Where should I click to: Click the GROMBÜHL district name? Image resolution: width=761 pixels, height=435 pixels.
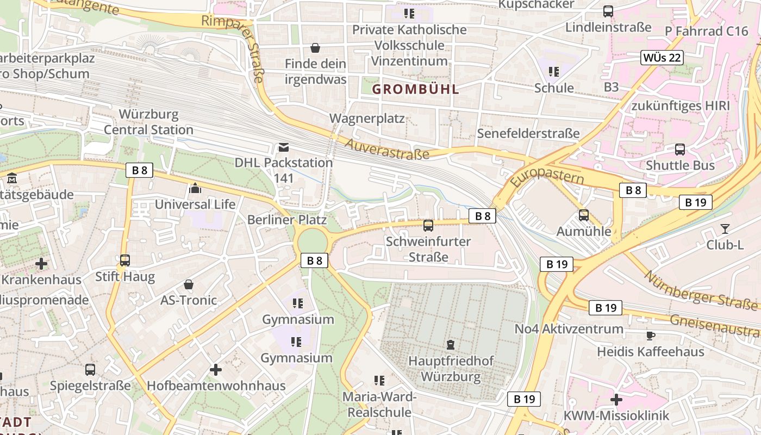416,90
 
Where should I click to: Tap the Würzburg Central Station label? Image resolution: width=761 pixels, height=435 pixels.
148,122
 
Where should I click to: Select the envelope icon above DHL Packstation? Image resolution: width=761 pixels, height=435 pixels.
283,147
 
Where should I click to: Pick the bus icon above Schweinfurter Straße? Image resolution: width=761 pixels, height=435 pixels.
428,226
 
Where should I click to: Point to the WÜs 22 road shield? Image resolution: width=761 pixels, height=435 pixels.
662,58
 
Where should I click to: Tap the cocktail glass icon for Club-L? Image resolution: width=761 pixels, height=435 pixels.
725,229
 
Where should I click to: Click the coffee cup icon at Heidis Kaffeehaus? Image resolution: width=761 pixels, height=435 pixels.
650,335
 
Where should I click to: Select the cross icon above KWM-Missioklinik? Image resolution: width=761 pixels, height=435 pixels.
616,400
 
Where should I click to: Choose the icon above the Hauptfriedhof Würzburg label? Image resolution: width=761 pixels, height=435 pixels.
451,345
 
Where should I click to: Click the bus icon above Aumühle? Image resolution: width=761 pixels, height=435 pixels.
583,215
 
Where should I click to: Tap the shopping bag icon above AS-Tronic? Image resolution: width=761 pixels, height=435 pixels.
188,284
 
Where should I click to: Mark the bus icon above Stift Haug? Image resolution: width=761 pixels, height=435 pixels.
125,260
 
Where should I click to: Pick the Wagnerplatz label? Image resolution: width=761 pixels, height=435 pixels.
367,118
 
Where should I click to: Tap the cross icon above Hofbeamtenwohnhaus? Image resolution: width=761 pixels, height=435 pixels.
216,370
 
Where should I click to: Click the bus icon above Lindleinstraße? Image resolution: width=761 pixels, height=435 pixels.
608,11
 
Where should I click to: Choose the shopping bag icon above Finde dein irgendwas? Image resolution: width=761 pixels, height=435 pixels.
315,48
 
